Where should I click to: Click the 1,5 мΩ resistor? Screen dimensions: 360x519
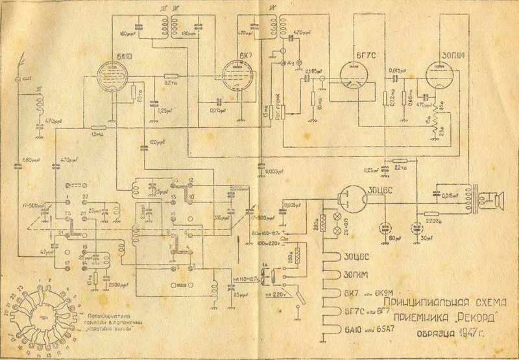[x=97, y=127]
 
